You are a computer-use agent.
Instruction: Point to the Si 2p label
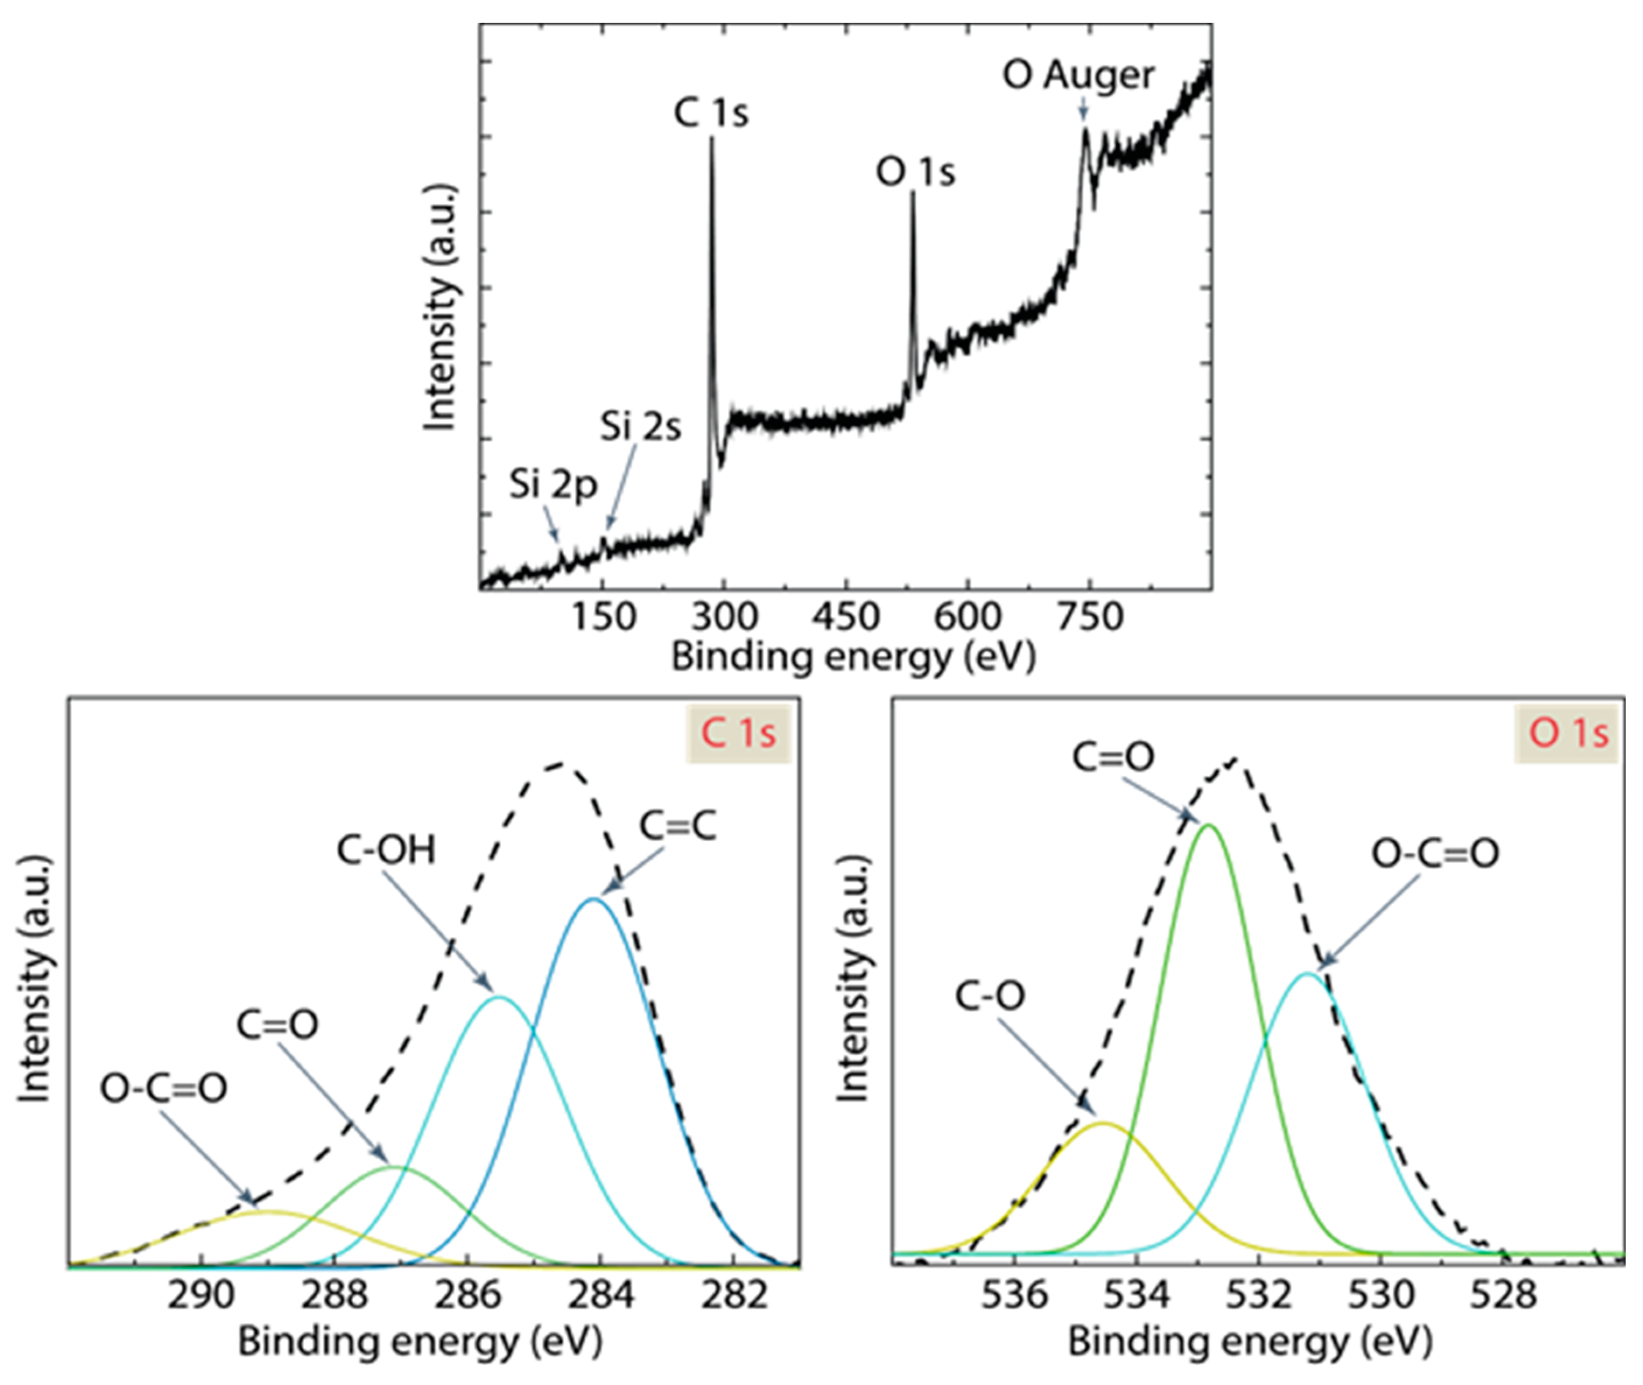pyautogui.click(x=553, y=485)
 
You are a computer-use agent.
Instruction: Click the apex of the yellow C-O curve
pyautogui.click(x=1104, y=1124)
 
